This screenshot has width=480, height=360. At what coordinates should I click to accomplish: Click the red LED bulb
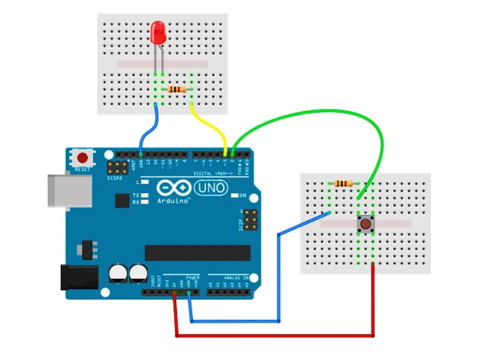click(158, 32)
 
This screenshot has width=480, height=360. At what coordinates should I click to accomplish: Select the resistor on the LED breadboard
click(178, 90)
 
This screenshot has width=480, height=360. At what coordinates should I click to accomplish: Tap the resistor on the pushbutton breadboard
click(343, 183)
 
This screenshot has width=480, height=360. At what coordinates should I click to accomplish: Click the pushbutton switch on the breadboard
click(365, 223)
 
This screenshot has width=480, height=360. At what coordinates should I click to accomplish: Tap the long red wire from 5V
click(277, 336)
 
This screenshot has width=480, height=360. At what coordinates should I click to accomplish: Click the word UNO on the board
click(210, 188)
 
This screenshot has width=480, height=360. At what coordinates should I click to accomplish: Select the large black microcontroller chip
click(197, 253)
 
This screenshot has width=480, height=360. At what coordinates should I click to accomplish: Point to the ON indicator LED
click(235, 195)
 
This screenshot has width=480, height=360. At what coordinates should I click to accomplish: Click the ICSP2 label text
click(114, 178)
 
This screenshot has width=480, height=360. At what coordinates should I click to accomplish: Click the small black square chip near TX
click(123, 200)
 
